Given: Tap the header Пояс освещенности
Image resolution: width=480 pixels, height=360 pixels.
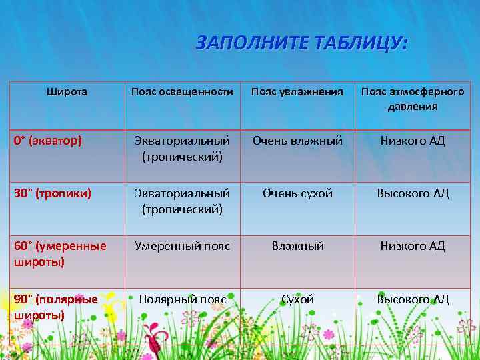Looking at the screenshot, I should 182,92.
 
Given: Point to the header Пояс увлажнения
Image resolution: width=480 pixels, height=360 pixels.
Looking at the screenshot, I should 297,92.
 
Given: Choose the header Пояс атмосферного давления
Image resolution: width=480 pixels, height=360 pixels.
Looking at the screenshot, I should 413,99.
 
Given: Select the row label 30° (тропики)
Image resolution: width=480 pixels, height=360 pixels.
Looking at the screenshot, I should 53,193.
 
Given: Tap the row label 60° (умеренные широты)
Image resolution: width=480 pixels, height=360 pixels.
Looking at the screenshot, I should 60,253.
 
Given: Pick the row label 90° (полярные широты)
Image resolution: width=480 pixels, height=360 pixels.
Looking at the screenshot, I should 56,307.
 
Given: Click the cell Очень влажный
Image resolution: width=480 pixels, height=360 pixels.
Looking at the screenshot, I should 297,141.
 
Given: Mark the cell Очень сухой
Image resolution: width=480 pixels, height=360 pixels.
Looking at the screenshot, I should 297,193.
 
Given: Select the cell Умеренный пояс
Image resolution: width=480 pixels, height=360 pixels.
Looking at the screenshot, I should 182,246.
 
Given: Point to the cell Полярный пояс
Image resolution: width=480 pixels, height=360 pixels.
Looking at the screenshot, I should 182,299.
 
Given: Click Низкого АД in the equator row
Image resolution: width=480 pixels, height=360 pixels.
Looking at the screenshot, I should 413,141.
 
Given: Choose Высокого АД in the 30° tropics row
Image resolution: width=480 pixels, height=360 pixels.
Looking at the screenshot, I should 413,193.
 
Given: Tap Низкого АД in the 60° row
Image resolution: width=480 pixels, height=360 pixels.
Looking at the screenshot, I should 413,246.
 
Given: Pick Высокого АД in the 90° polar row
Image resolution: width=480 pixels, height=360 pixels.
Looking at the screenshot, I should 413,299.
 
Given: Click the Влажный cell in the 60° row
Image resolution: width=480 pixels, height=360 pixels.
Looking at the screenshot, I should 297,246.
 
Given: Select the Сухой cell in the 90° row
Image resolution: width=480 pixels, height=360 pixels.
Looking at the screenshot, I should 297,299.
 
